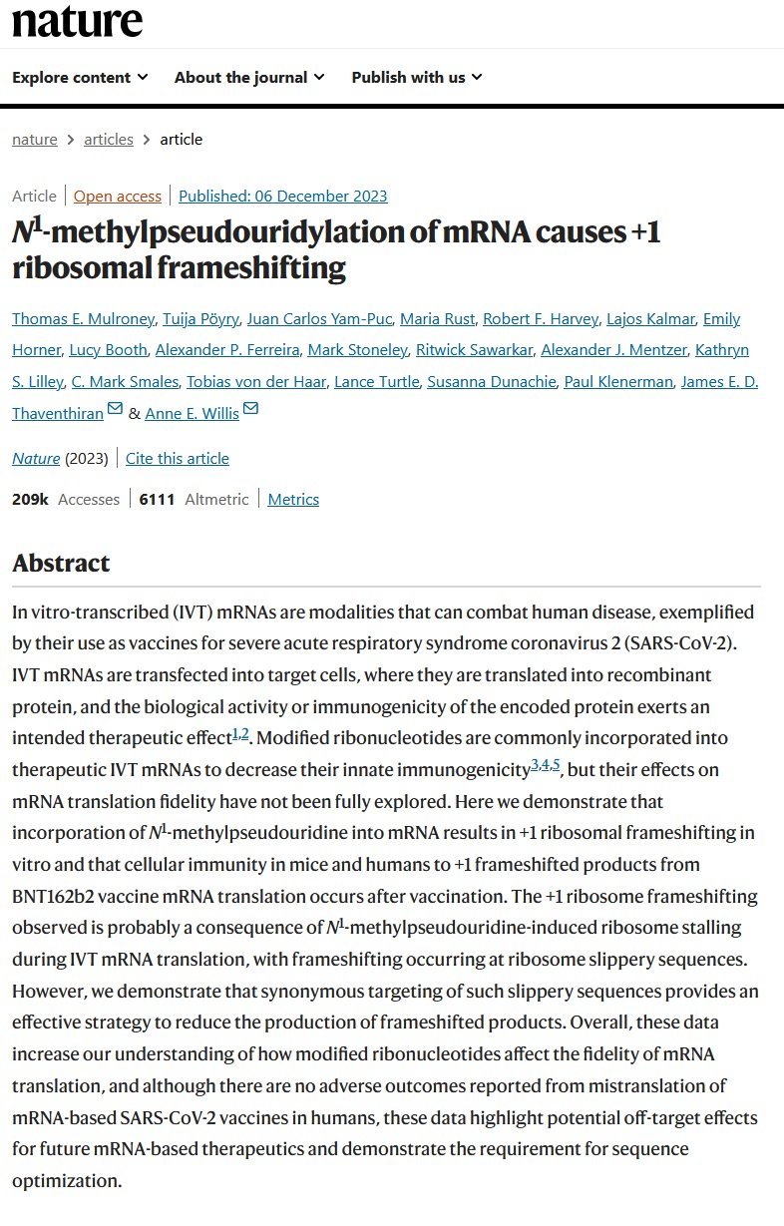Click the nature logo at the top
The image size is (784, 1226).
tap(77, 22)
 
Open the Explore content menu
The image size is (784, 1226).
tap(80, 77)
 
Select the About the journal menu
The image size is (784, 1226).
tap(248, 77)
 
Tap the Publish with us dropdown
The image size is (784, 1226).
tap(416, 77)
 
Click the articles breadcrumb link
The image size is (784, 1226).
tap(109, 139)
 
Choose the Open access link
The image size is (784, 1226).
tap(117, 196)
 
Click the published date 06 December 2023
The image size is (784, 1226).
tap(283, 196)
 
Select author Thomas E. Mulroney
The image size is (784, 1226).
tap(83, 319)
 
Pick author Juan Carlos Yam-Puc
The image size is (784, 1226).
tap(323, 319)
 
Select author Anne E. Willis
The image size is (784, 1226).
tap(192, 412)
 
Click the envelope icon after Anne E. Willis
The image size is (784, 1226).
tap(250, 410)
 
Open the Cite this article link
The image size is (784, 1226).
tap(178, 458)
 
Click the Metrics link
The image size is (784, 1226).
tap(293, 499)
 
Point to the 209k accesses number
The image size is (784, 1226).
tap(30, 499)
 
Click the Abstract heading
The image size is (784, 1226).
tap(61, 563)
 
